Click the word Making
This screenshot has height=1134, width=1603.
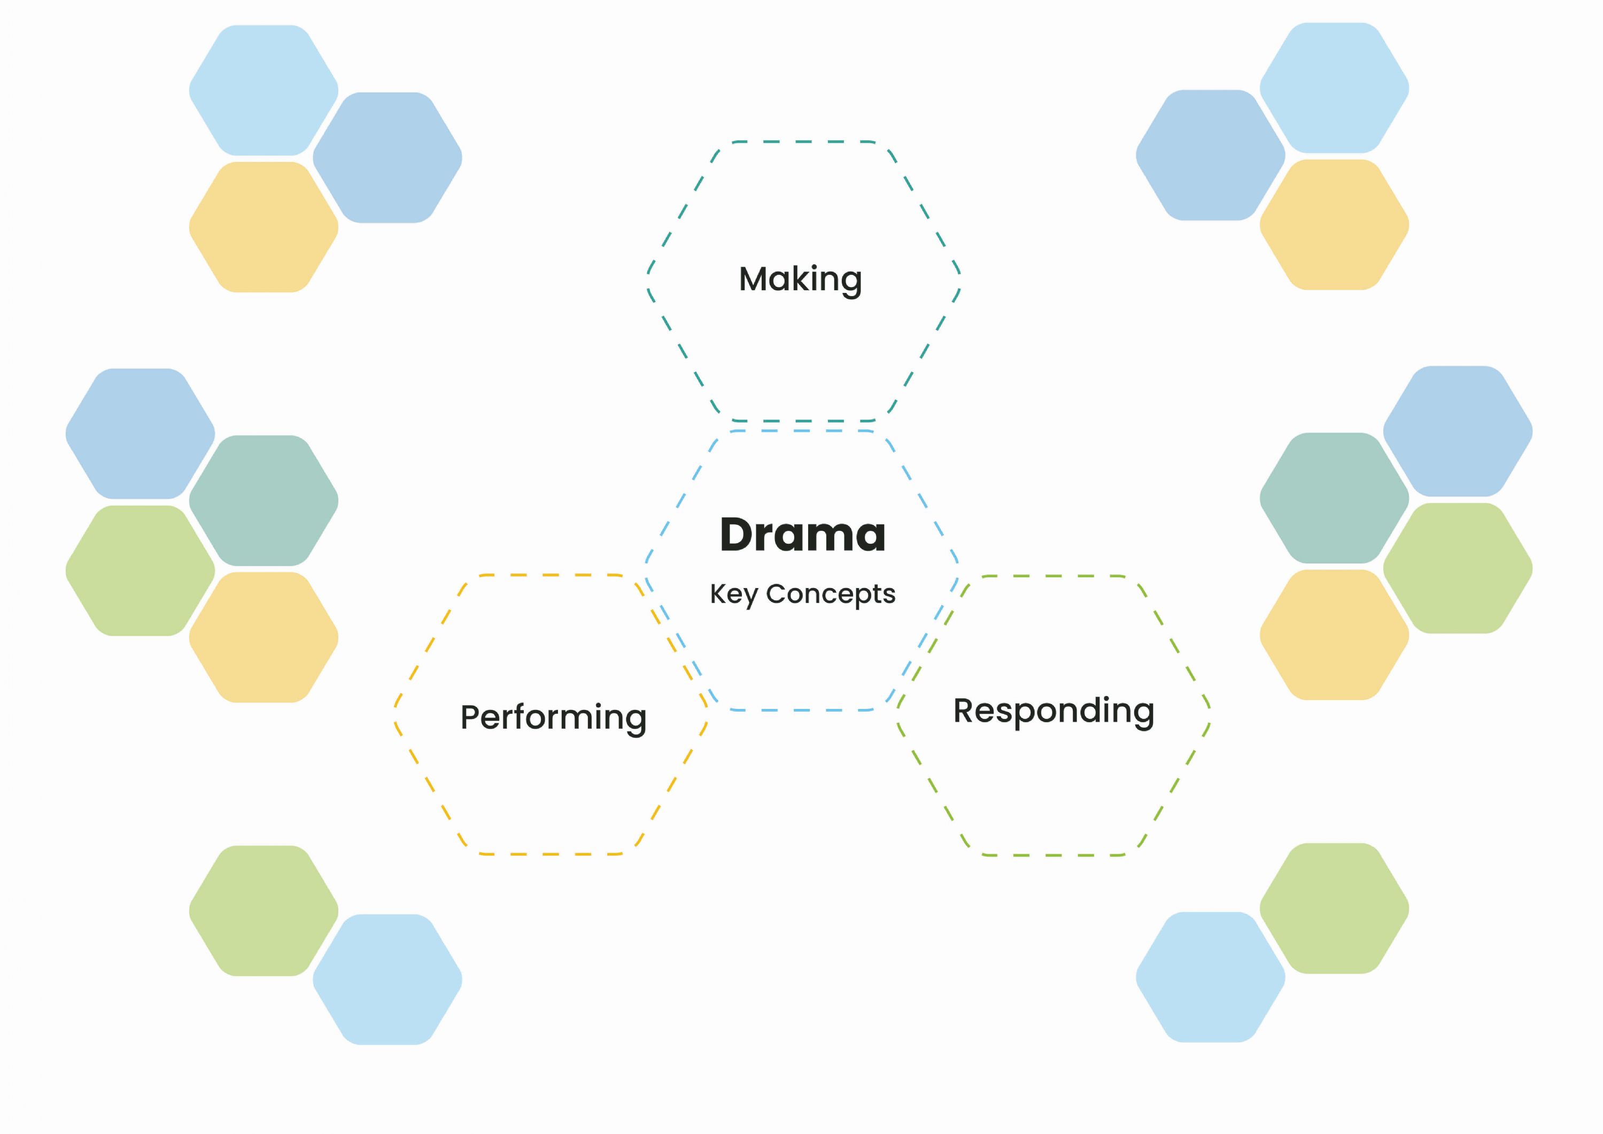coord(800,280)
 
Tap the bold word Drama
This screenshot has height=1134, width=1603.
coord(803,535)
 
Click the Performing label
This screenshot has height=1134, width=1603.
coord(554,718)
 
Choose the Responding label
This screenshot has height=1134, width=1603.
coord(1054,712)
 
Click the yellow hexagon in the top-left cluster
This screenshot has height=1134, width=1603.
coord(264,227)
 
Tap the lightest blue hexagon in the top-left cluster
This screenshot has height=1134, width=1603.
coord(264,90)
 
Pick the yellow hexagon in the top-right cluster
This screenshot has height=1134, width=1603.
coord(1334,225)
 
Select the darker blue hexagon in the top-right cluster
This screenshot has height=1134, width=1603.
coord(1211,155)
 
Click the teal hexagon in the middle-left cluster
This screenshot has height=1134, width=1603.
coord(264,500)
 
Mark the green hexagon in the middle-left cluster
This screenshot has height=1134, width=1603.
coord(141,570)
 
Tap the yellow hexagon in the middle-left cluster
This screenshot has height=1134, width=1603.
coord(264,637)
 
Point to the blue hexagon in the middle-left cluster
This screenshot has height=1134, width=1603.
coord(141,434)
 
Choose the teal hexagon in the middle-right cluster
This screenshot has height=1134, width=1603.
coord(1334,498)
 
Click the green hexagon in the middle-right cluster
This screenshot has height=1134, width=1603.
coord(1458,568)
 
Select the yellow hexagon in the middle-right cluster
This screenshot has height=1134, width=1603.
coord(1334,635)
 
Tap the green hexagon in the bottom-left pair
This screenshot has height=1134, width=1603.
coord(264,911)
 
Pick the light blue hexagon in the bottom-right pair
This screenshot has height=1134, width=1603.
coord(1211,977)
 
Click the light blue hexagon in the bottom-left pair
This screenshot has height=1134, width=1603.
coord(388,979)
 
